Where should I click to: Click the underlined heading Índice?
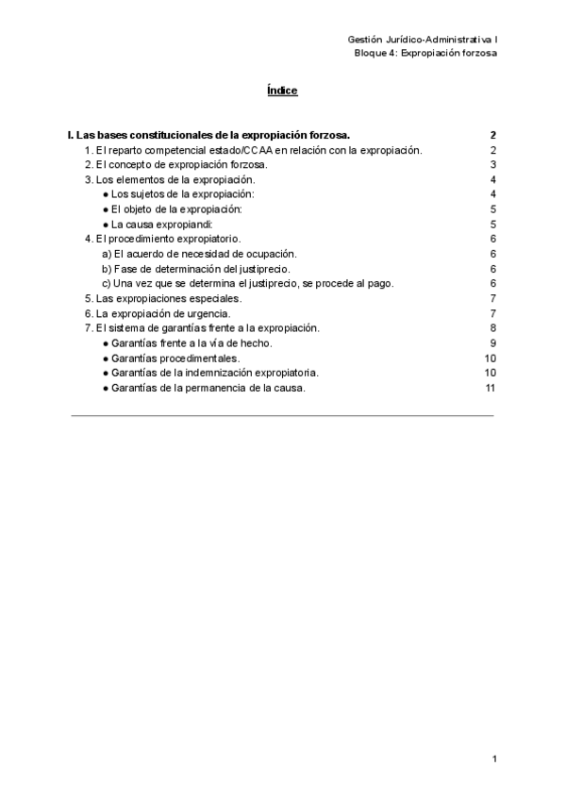282,91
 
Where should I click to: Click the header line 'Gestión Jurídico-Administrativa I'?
423,39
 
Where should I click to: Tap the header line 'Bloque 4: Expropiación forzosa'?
425,53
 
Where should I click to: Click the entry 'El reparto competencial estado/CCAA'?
253,150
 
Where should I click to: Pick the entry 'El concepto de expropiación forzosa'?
176,165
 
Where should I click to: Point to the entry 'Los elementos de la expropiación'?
170,179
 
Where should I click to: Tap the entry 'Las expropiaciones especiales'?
163,298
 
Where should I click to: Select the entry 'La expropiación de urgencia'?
158,312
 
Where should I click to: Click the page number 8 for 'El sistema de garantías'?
493,327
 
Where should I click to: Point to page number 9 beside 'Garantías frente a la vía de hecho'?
493,342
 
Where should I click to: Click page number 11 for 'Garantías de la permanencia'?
491,387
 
